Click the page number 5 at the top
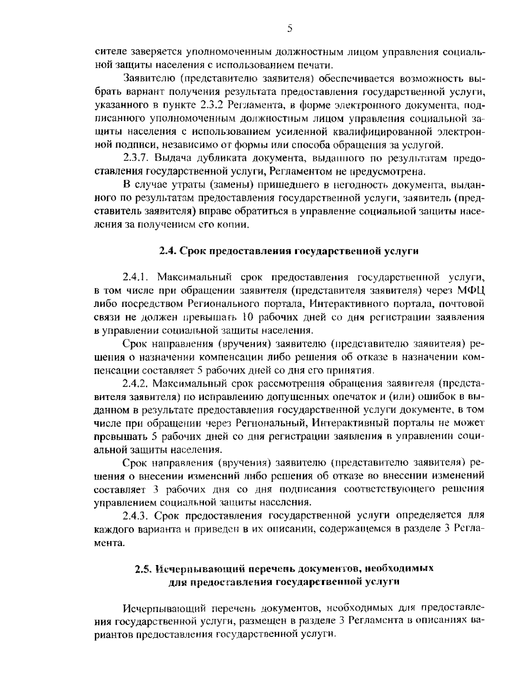289,29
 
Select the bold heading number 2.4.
168,251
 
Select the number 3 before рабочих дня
155,489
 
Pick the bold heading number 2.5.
144,569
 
